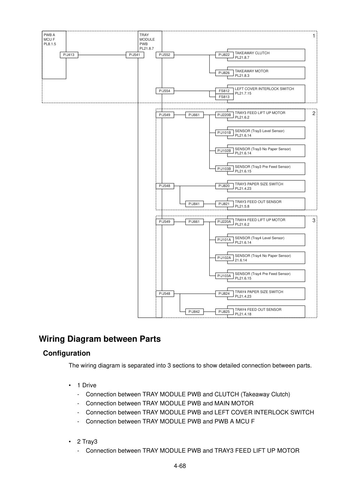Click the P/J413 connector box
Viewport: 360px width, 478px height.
69,55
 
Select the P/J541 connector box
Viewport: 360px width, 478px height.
135,55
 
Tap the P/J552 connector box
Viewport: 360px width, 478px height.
165,55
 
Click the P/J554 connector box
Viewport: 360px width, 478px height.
165,91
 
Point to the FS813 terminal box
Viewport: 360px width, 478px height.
224,97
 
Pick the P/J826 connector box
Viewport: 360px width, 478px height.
224,73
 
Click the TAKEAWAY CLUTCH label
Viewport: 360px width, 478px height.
252,53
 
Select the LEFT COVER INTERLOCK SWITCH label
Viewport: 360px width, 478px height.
264,89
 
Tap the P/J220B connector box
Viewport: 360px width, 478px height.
224,115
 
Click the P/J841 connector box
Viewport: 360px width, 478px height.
194,204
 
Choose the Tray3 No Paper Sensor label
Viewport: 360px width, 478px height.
263,149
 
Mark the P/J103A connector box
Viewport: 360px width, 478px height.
224,276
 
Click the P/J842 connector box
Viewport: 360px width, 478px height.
194,311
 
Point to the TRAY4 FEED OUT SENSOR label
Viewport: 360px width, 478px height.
258,309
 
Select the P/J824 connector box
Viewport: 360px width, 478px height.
224,293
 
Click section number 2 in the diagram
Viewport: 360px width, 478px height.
314,113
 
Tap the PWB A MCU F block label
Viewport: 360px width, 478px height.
50,39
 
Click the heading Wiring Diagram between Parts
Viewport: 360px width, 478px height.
100,339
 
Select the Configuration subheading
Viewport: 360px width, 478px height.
67,353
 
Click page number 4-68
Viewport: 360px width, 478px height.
180,466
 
